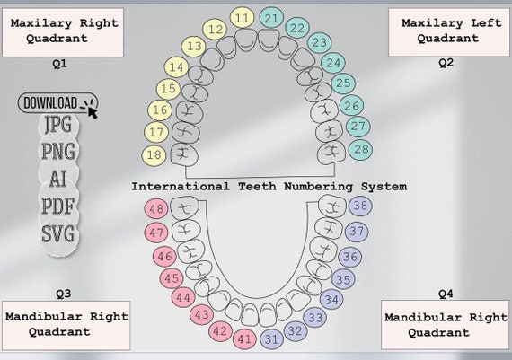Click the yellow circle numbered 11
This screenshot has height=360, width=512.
pyautogui.click(x=242, y=18)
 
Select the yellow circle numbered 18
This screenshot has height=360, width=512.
pyautogui.click(x=155, y=154)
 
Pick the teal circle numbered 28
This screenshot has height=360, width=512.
pyautogui.click(x=360, y=148)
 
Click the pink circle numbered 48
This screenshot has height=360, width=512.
pyautogui.click(x=157, y=209)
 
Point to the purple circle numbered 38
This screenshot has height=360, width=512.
pyautogui.click(x=360, y=206)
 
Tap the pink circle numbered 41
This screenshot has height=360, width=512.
pyautogui.click(x=244, y=339)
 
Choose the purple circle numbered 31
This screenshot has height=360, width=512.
pyautogui.click(x=272, y=339)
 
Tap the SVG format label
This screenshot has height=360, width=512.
pyautogui.click(x=58, y=234)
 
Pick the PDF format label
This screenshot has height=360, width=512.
pyautogui.click(x=58, y=206)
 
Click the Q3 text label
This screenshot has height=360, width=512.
pyautogui.click(x=63, y=293)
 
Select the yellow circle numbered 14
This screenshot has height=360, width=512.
pyautogui.click(x=177, y=66)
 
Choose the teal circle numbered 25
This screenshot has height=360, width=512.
pyautogui.click(x=342, y=83)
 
